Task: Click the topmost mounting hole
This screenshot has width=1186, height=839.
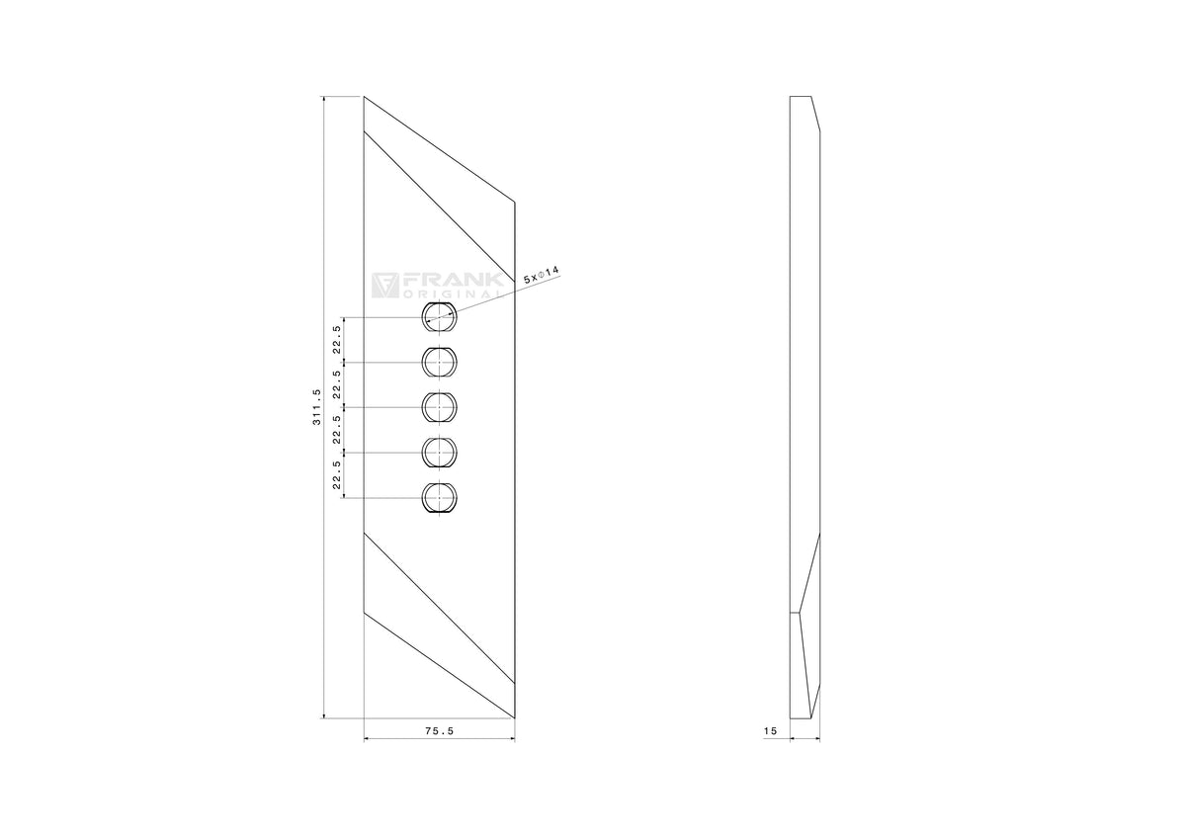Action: coord(439,317)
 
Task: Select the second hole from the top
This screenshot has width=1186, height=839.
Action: coord(439,362)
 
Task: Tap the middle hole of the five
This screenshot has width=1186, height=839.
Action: coord(439,407)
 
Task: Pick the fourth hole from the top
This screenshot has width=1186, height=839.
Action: coord(439,453)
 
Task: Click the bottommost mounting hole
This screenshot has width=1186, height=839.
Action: coord(439,498)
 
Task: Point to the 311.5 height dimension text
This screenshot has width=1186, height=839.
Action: coord(316,406)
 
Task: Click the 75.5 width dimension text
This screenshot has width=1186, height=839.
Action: coord(440,731)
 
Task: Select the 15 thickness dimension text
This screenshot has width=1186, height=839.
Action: coord(770,731)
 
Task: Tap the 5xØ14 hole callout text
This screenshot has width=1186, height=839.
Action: coord(542,275)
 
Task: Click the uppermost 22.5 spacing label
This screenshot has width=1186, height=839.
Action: coord(337,340)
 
